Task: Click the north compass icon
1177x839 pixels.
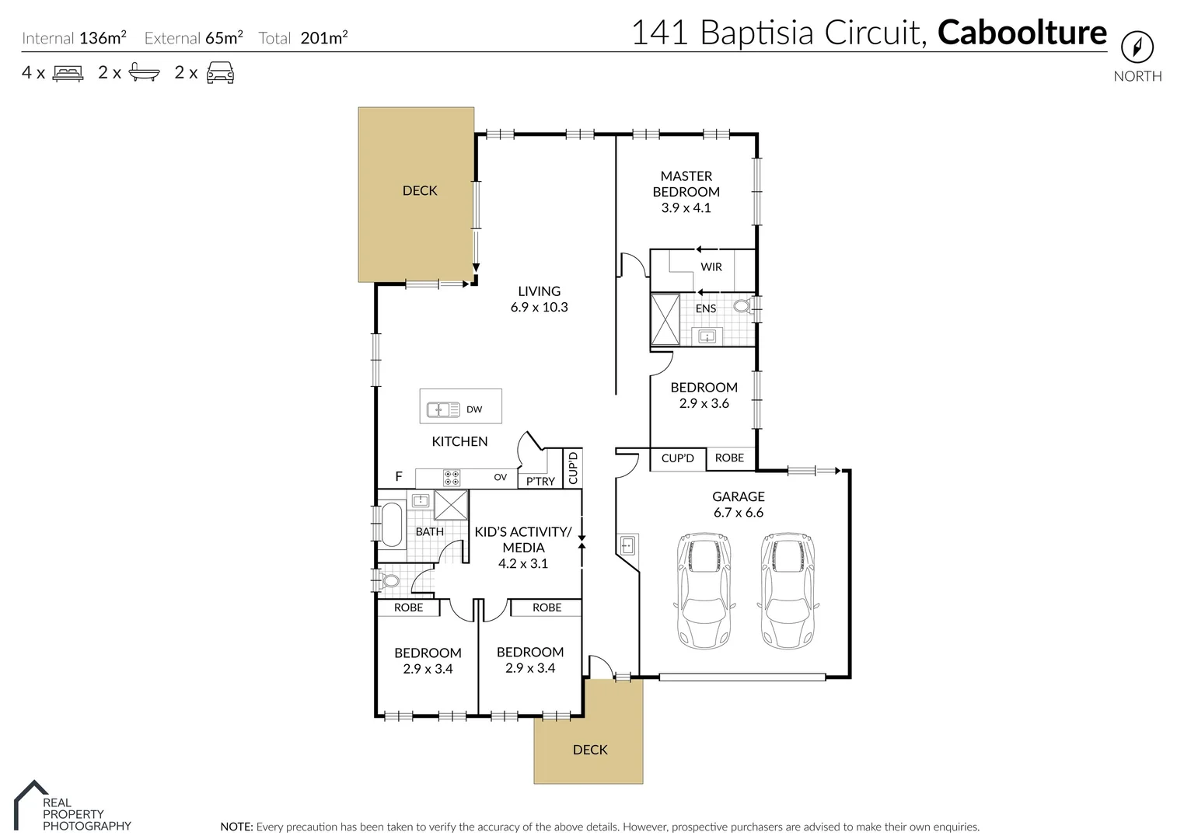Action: (x=1137, y=47)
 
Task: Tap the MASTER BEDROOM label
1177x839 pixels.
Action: (x=686, y=184)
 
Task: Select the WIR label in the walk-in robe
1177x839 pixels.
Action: (x=711, y=266)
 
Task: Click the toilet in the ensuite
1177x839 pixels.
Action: (x=742, y=306)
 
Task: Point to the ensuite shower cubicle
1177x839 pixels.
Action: (x=665, y=319)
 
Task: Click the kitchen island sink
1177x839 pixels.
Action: (x=443, y=409)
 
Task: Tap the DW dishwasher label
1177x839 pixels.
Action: (x=474, y=409)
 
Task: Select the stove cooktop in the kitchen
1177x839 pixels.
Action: (x=451, y=477)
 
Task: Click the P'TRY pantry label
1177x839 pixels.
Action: (x=540, y=481)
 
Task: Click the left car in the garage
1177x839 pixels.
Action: (x=704, y=590)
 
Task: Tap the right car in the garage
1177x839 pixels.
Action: (x=788, y=590)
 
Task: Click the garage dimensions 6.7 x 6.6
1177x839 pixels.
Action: (x=738, y=513)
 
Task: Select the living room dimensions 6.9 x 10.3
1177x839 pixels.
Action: (x=539, y=307)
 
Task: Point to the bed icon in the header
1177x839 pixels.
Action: (x=68, y=73)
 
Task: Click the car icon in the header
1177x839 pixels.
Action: (x=220, y=72)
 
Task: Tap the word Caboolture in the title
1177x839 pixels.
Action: (x=1022, y=33)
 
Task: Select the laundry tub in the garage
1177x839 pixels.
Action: (x=629, y=545)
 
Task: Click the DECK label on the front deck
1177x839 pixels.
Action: (x=589, y=750)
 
